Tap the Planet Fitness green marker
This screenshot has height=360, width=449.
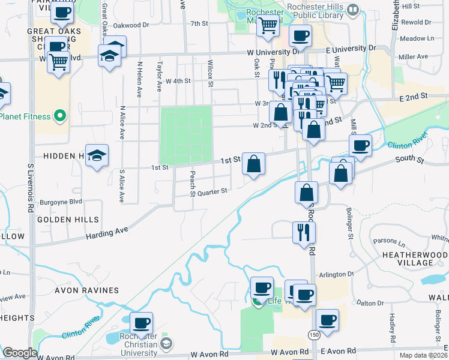click(59, 115)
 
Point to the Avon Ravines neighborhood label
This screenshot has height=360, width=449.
click(86, 290)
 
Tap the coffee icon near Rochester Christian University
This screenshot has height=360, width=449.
click(141, 323)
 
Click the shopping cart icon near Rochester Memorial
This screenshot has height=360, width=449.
click(268, 25)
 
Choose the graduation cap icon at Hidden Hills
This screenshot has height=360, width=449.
click(97, 155)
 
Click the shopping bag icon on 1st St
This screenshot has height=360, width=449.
click(254, 163)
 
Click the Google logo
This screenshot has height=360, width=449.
click(20, 353)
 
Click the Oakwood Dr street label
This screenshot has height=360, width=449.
click(130, 25)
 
